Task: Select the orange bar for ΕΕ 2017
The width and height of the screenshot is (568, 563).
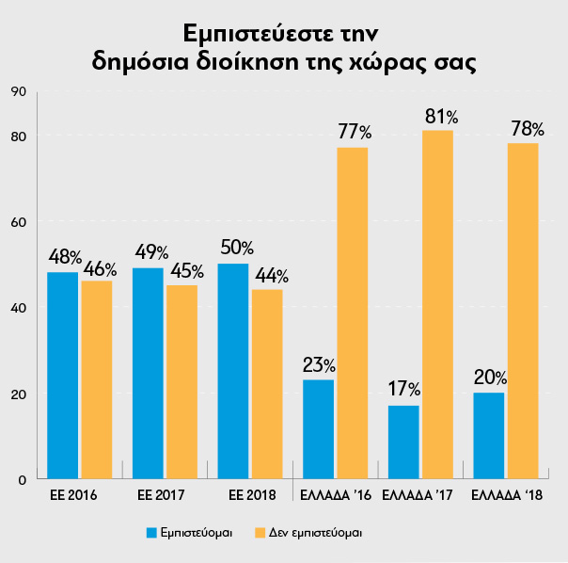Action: click(181, 381)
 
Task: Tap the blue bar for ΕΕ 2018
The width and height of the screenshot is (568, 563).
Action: click(233, 371)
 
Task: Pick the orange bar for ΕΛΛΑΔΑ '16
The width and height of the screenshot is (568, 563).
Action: click(352, 313)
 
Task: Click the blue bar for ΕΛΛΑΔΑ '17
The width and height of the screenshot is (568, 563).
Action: click(403, 442)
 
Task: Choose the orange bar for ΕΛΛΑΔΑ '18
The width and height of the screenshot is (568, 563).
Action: click(523, 311)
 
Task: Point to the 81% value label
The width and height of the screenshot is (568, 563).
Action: click(440, 117)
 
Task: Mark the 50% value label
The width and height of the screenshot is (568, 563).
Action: click(235, 248)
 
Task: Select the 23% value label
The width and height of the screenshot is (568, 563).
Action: click(319, 364)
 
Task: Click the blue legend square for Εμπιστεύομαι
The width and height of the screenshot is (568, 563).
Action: click(150, 532)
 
